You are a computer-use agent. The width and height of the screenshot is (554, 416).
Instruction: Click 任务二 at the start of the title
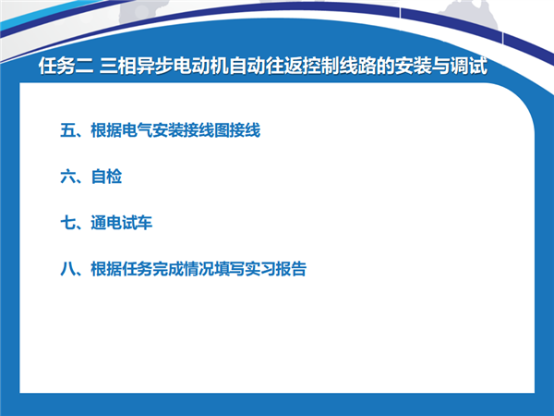click(66, 66)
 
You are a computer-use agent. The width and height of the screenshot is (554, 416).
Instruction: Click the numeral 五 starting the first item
click(67, 130)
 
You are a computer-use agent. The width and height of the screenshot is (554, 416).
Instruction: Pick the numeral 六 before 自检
click(67, 177)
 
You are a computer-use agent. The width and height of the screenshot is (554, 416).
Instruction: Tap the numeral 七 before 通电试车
click(67, 223)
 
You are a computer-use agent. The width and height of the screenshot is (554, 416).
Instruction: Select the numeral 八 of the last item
click(67, 269)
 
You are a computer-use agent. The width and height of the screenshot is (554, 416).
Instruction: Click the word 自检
click(106, 177)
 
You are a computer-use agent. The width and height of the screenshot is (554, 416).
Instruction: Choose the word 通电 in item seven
click(106, 223)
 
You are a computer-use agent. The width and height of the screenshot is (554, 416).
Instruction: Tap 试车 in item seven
click(137, 223)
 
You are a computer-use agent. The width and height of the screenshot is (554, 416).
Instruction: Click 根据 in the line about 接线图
click(106, 130)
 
